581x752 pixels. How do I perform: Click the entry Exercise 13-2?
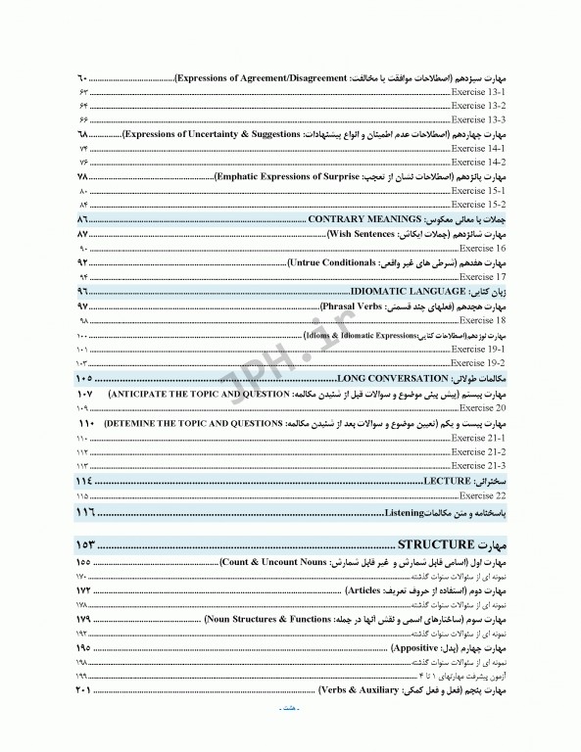478,105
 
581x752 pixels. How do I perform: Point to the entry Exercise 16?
481,249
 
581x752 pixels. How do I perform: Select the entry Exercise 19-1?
478,349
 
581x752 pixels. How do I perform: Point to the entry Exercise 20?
481,406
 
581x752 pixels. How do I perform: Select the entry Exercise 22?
481,496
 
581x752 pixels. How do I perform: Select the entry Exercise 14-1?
478,147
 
